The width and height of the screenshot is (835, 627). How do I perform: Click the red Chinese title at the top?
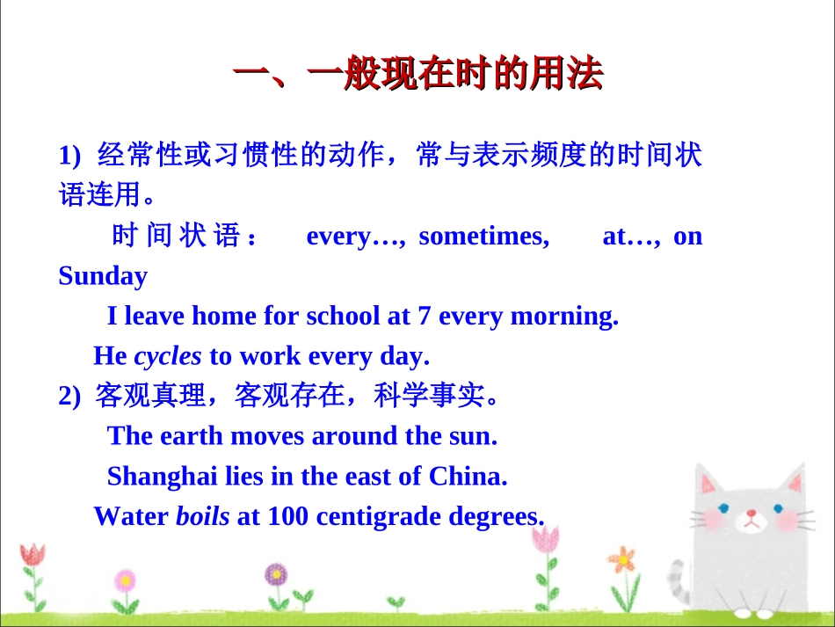pos(417,77)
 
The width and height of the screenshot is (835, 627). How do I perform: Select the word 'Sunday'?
pos(103,276)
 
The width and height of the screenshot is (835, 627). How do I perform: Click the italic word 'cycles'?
pos(168,356)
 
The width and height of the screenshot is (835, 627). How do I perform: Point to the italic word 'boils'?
pos(203,516)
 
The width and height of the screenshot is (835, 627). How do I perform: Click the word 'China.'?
pos(468,476)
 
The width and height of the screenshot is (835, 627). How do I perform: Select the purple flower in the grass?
pos(276,575)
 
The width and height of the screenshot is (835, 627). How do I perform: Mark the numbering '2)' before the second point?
pos(69,397)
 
